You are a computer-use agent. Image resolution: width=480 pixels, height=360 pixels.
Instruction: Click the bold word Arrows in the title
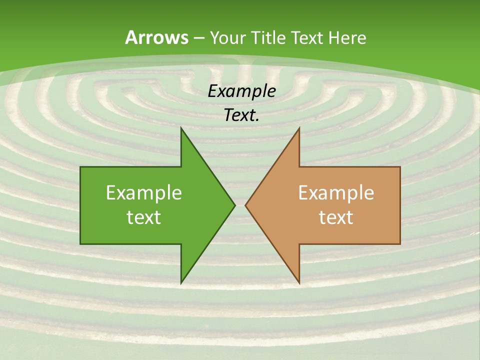[x=156, y=37]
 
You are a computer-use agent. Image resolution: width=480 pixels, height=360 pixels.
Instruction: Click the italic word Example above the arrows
[x=242, y=91]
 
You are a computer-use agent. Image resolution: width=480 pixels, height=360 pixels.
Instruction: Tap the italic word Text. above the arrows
[x=242, y=115]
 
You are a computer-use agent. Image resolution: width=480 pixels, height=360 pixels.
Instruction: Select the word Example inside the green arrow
[x=144, y=193]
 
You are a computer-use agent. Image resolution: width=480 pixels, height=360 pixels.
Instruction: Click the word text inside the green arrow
[x=144, y=217]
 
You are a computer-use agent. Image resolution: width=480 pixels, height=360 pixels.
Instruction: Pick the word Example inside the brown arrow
[x=336, y=193]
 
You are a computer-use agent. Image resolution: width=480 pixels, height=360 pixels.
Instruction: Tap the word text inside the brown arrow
[x=336, y=217]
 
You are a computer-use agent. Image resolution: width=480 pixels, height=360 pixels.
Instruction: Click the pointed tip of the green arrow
[x=234, y=205]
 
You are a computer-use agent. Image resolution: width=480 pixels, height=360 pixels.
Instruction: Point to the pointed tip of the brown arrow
[x=245, y=205]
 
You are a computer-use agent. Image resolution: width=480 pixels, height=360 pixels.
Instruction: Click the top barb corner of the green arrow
[x=181, y=128]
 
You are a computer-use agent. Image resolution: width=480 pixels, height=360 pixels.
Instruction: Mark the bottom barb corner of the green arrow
[x=181, y=283]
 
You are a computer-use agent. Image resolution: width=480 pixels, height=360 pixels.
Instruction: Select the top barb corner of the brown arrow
[x=299, y=128]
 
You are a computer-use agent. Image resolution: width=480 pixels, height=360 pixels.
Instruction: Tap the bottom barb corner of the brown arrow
[x=299, y=283]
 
